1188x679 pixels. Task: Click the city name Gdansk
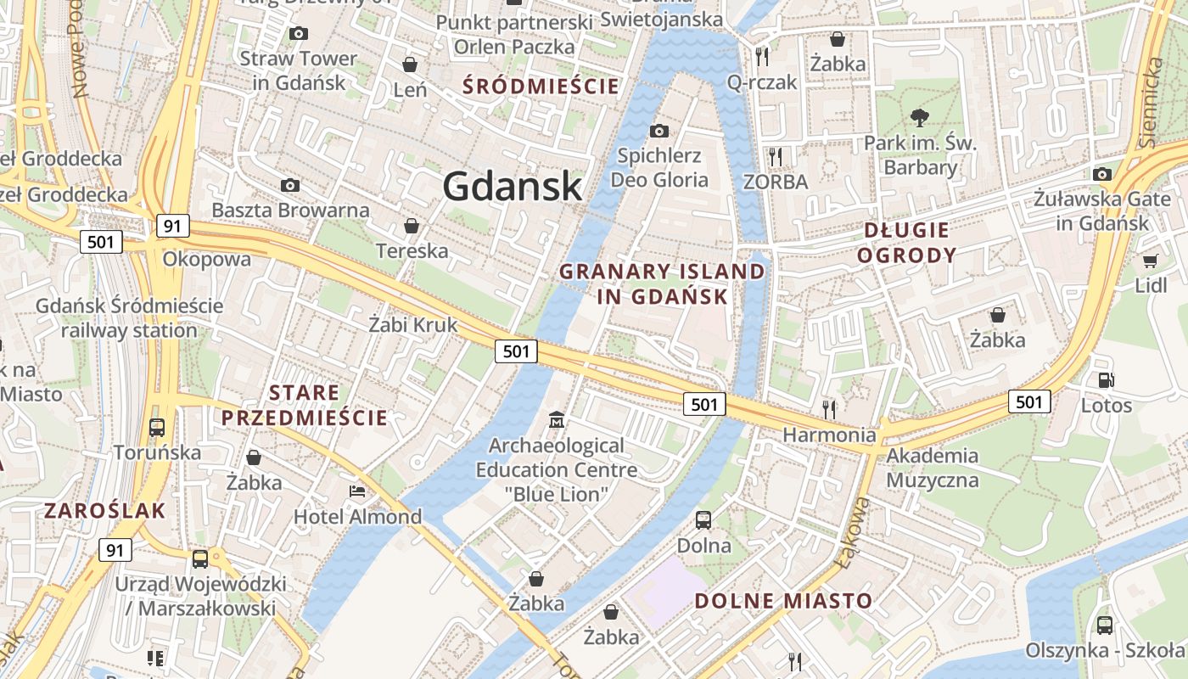[x=513, y=187]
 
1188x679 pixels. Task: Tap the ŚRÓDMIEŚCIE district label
[x=541, y=86]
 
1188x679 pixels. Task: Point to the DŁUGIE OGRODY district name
[x=906, y=243]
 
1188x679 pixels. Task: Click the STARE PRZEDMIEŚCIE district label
[x=305, y=405]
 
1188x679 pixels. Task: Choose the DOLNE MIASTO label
[x=783, y=601]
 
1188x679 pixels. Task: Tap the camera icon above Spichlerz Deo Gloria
[x=658, y=131]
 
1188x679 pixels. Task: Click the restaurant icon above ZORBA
[x=774, y=156]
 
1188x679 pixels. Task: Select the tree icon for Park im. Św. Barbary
[x=919, y=118]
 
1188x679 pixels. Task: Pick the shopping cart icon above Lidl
[x=1150, y=261]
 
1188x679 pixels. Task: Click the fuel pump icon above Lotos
[x=1106, y=380]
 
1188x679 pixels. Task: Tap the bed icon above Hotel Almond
[x=357, y=491]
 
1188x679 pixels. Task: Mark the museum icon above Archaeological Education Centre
[x=557, y=419]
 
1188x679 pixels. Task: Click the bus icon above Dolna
[x=703, y=519]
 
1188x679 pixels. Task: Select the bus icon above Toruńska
[x=156, y=427]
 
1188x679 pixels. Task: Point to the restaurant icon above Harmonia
[x=829, y=409]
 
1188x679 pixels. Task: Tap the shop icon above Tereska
[x=412, y=226]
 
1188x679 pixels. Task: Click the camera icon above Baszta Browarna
[x=290, y=185]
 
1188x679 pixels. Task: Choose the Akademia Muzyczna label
[x=933, y=468]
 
